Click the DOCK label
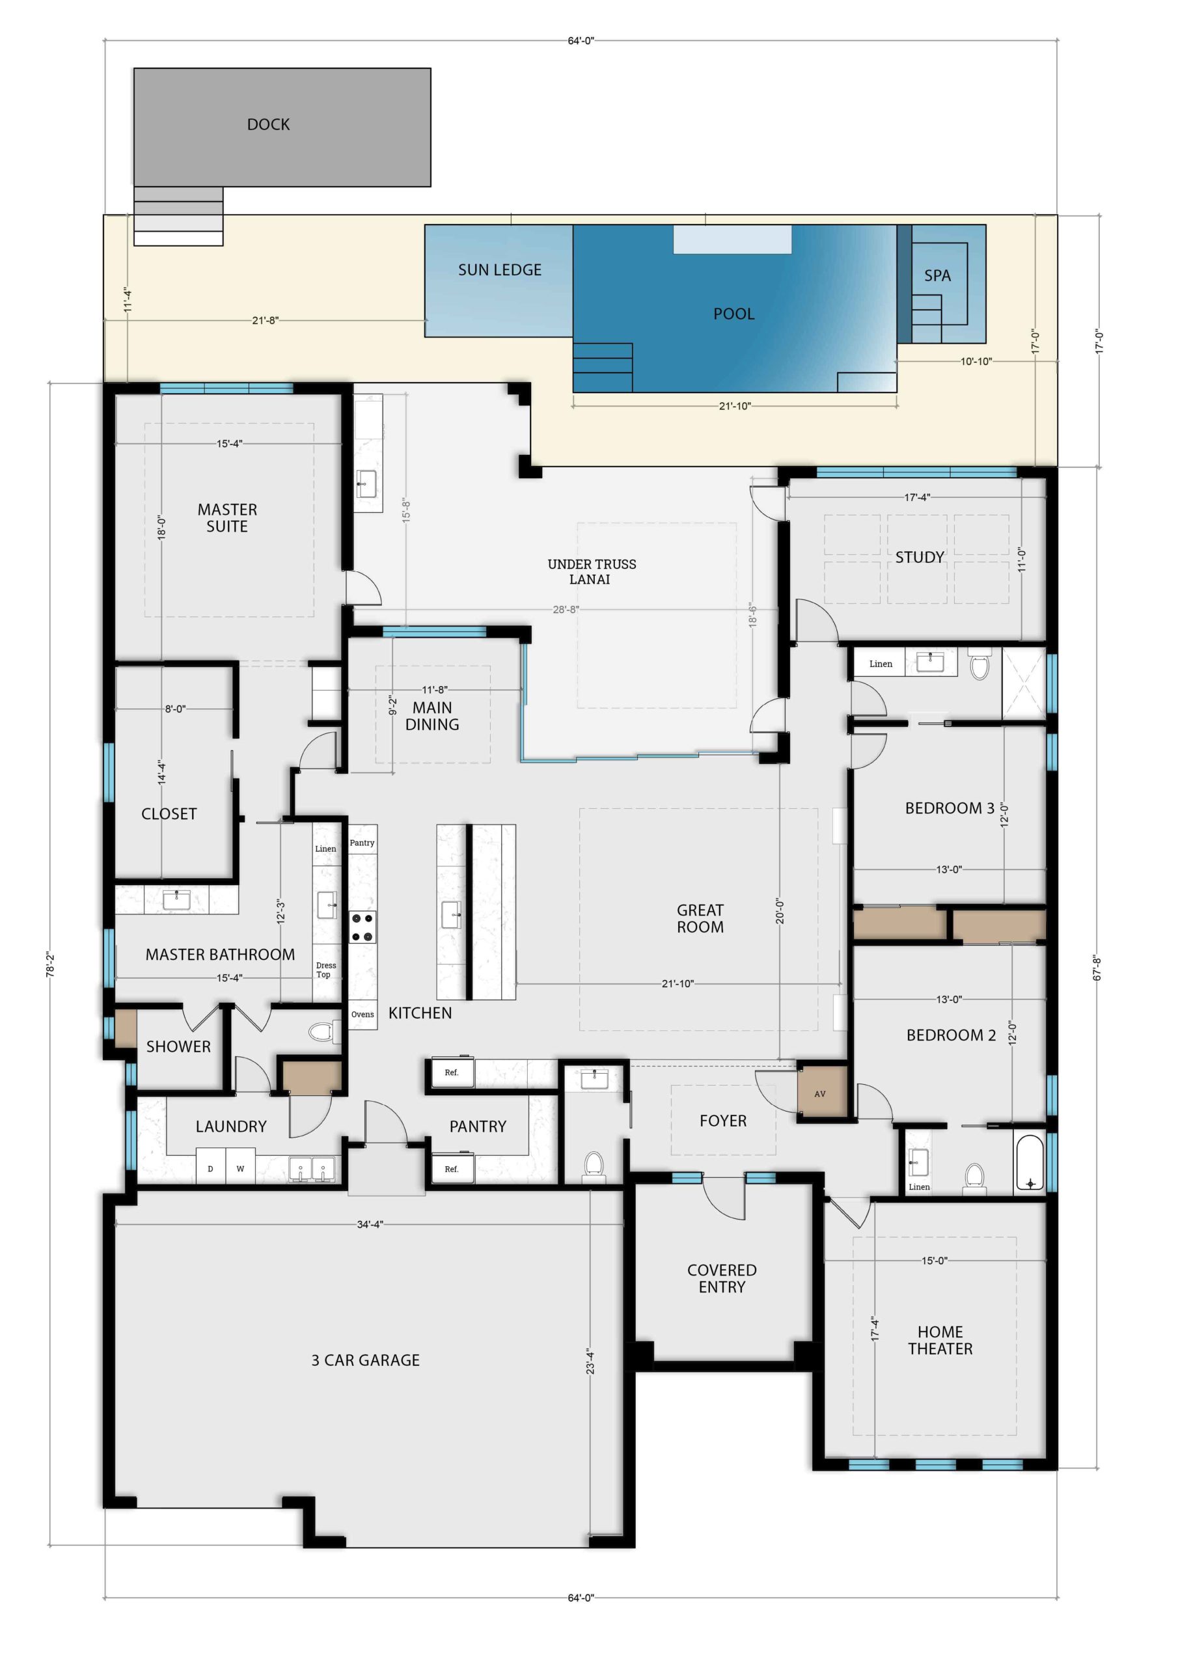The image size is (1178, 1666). pos(268,125)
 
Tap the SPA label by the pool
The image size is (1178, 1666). pos(937,276)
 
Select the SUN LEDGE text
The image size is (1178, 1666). pos(499,270)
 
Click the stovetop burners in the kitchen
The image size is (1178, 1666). pos(363,927)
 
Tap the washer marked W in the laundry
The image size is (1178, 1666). pos(240,1168)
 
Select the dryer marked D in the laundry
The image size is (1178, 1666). pos(210,1168)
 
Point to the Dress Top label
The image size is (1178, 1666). pos(326,970)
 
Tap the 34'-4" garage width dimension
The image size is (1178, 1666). pos(370,1224)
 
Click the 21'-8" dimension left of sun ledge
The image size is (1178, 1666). pos(266,320)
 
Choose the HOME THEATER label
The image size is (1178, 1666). pos(940,1339)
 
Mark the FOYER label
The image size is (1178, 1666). pos(723,1121)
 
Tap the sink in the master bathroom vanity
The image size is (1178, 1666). pos(176,901)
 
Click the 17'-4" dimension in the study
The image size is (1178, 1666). pos(918,497)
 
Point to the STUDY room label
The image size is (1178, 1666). pos(920,557)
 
